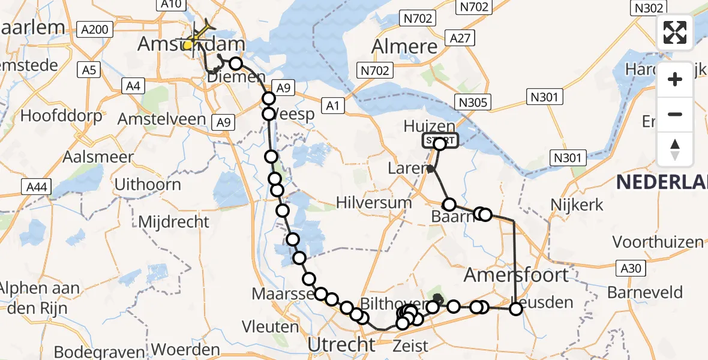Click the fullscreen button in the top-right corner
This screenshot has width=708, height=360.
[x=675, y=32]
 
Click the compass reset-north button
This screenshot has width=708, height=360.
[x=675, y=150]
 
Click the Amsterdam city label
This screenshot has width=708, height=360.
[x=191, y=44]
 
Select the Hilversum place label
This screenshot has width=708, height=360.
[x=374, y=202]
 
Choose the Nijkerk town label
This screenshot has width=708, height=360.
[x=577, y=205]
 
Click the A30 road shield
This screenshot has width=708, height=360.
[x=631, y=268]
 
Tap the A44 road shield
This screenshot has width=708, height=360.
[x=37, y=188]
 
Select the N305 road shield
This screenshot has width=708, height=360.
[x=471, y=103]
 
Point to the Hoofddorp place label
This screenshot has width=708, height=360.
[x=62, y=115]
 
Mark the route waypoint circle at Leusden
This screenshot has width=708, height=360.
[x=516, y=309]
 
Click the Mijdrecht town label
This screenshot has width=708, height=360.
[x=174, y=221]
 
